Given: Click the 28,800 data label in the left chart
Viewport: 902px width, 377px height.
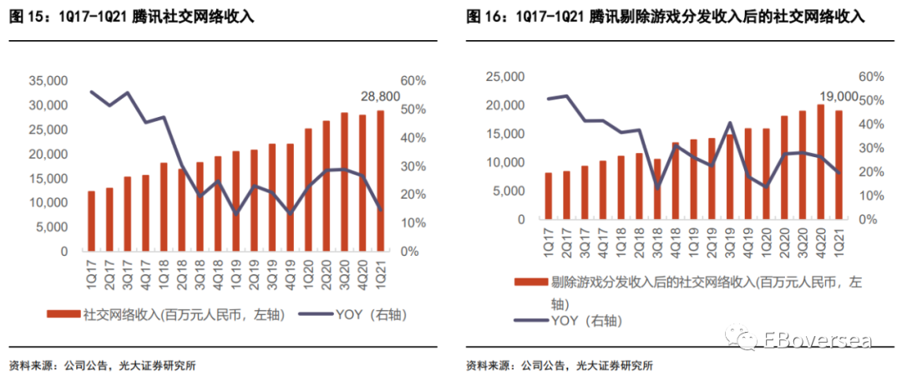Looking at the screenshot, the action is click(380, 97).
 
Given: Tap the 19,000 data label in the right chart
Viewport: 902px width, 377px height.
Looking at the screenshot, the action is click(838, 95).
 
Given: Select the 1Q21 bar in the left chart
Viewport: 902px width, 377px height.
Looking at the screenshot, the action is click(380, 181).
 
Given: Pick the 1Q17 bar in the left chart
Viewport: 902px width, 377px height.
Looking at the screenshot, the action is click(91, 221).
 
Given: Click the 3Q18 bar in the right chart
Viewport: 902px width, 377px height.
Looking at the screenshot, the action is click(657, 189).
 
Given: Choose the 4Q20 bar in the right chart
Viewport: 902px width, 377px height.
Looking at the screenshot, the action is click(821, 161).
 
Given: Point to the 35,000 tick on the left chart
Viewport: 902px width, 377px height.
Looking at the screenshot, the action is click(48, 82).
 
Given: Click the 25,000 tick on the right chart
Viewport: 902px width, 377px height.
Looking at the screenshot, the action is click(505, 77).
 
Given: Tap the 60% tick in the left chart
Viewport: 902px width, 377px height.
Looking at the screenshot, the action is click(413, 81).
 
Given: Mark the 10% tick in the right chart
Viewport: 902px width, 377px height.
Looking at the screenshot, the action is click(868, 196).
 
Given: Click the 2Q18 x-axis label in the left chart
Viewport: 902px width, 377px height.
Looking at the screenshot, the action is click(182, 269).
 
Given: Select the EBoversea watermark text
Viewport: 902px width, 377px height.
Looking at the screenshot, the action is click(818, 340).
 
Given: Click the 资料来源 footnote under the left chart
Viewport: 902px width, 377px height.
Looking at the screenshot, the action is click(33, 365).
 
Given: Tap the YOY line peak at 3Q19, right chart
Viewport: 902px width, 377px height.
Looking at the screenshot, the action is click(730, 123).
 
